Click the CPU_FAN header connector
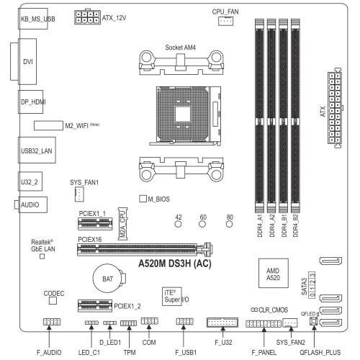(225, 21)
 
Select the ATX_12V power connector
(87, 17)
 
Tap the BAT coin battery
(109, 279)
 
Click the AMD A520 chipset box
(274, 273)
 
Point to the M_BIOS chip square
(143, 199)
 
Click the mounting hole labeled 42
(179, 224)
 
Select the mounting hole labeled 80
(230, 224)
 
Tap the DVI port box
(27, 61)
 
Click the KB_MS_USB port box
(33, 19)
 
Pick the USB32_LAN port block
(37, 150)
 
